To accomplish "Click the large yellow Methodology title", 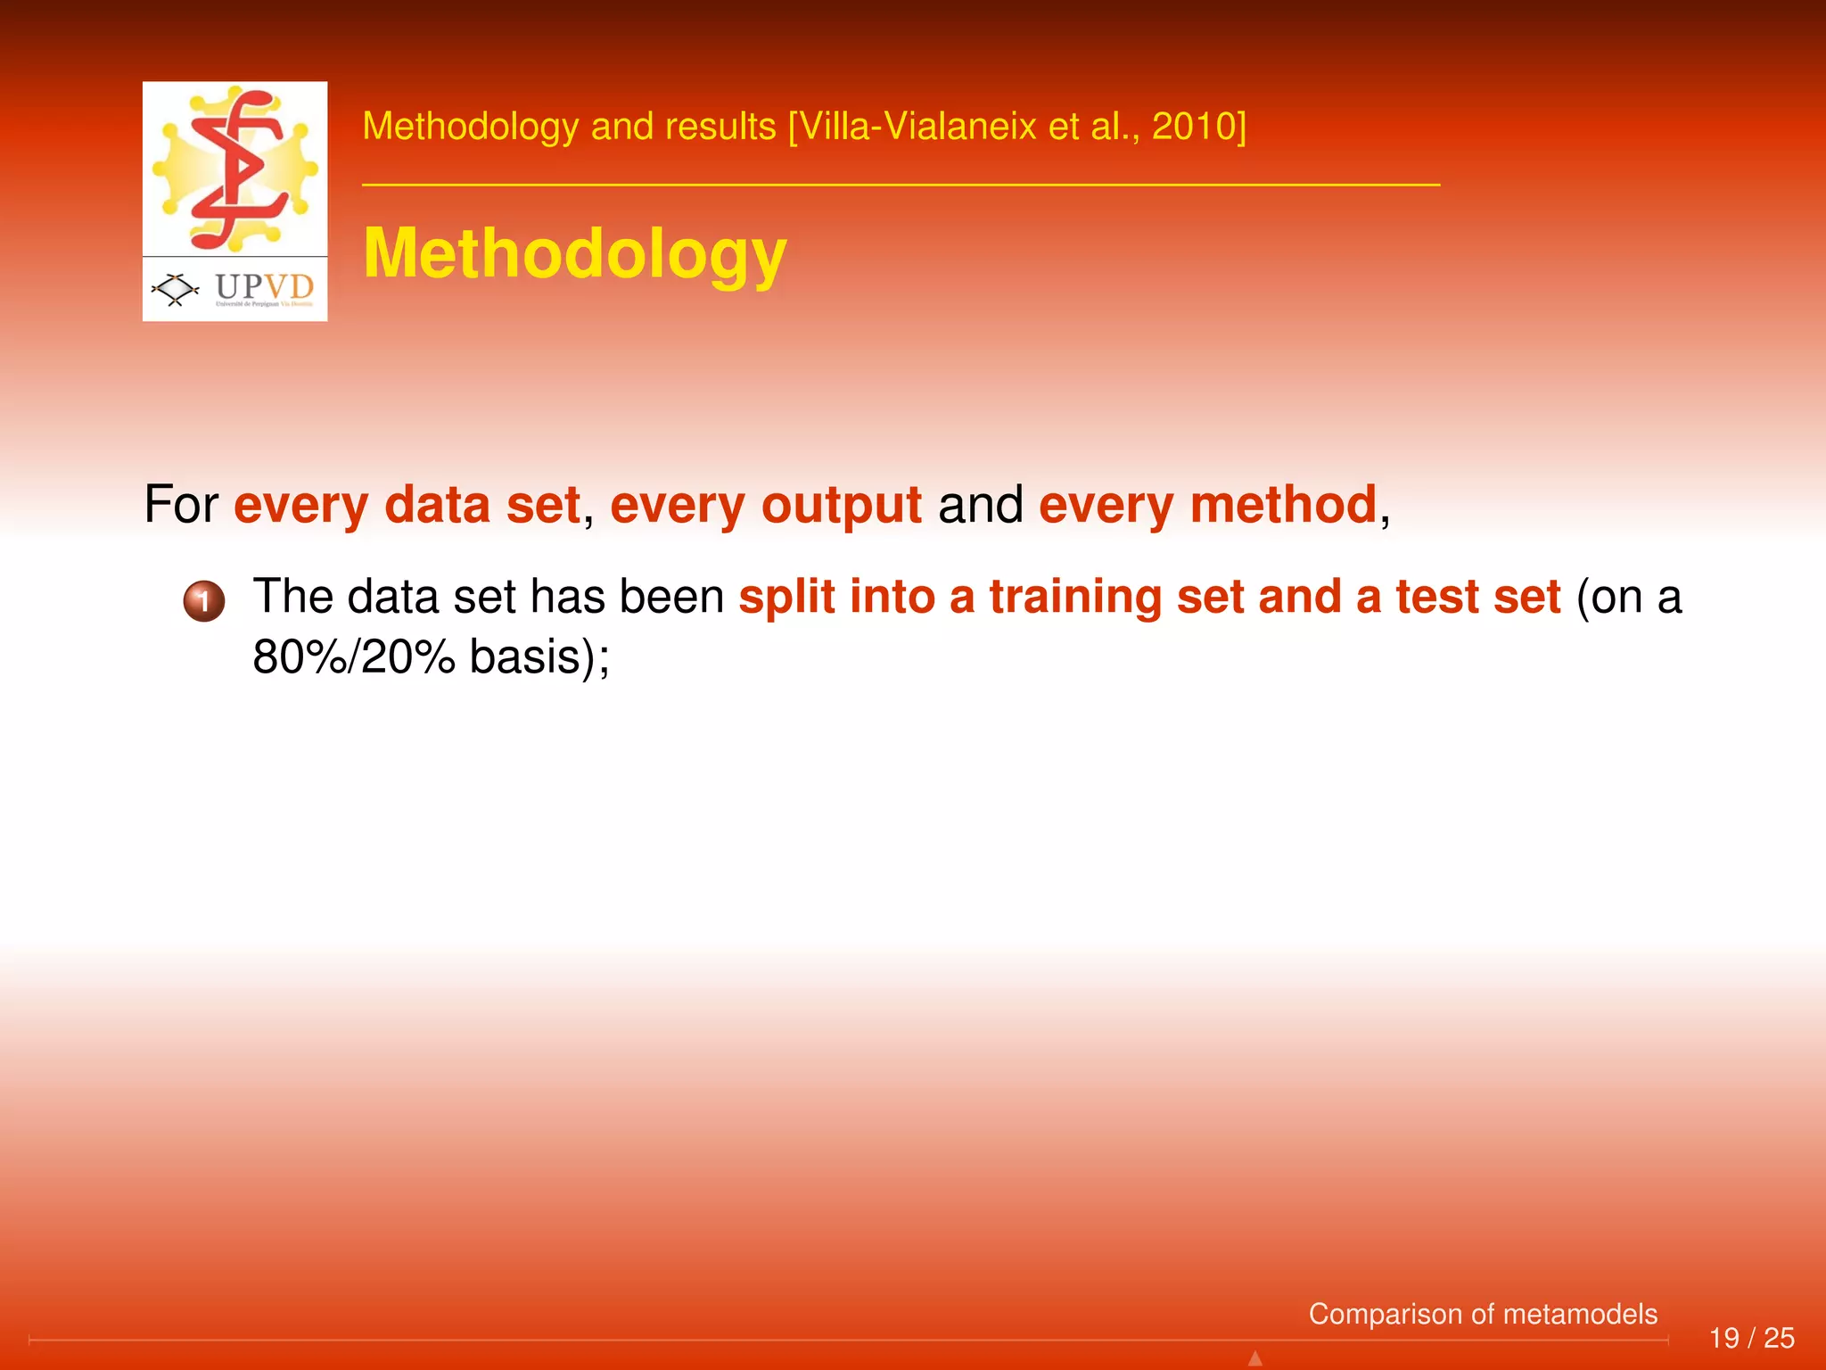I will [574, 254].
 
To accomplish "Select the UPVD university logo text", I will [265, 286].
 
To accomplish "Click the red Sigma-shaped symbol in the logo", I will [236, 169].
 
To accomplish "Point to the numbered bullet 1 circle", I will [203, 601].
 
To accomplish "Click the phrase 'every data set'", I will [407, 505].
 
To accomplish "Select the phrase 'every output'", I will [765, 505].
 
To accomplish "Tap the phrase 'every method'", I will [1207, 505].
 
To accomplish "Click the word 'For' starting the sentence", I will [181, 505].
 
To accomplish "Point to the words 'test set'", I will [1477, 597].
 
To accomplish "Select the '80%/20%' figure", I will [354, 657].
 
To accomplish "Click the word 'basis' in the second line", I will [526, 657].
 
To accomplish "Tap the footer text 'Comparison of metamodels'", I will [1482, 1314].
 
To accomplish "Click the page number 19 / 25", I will [1751, 1338].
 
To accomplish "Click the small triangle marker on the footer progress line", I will [1254, 1358].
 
